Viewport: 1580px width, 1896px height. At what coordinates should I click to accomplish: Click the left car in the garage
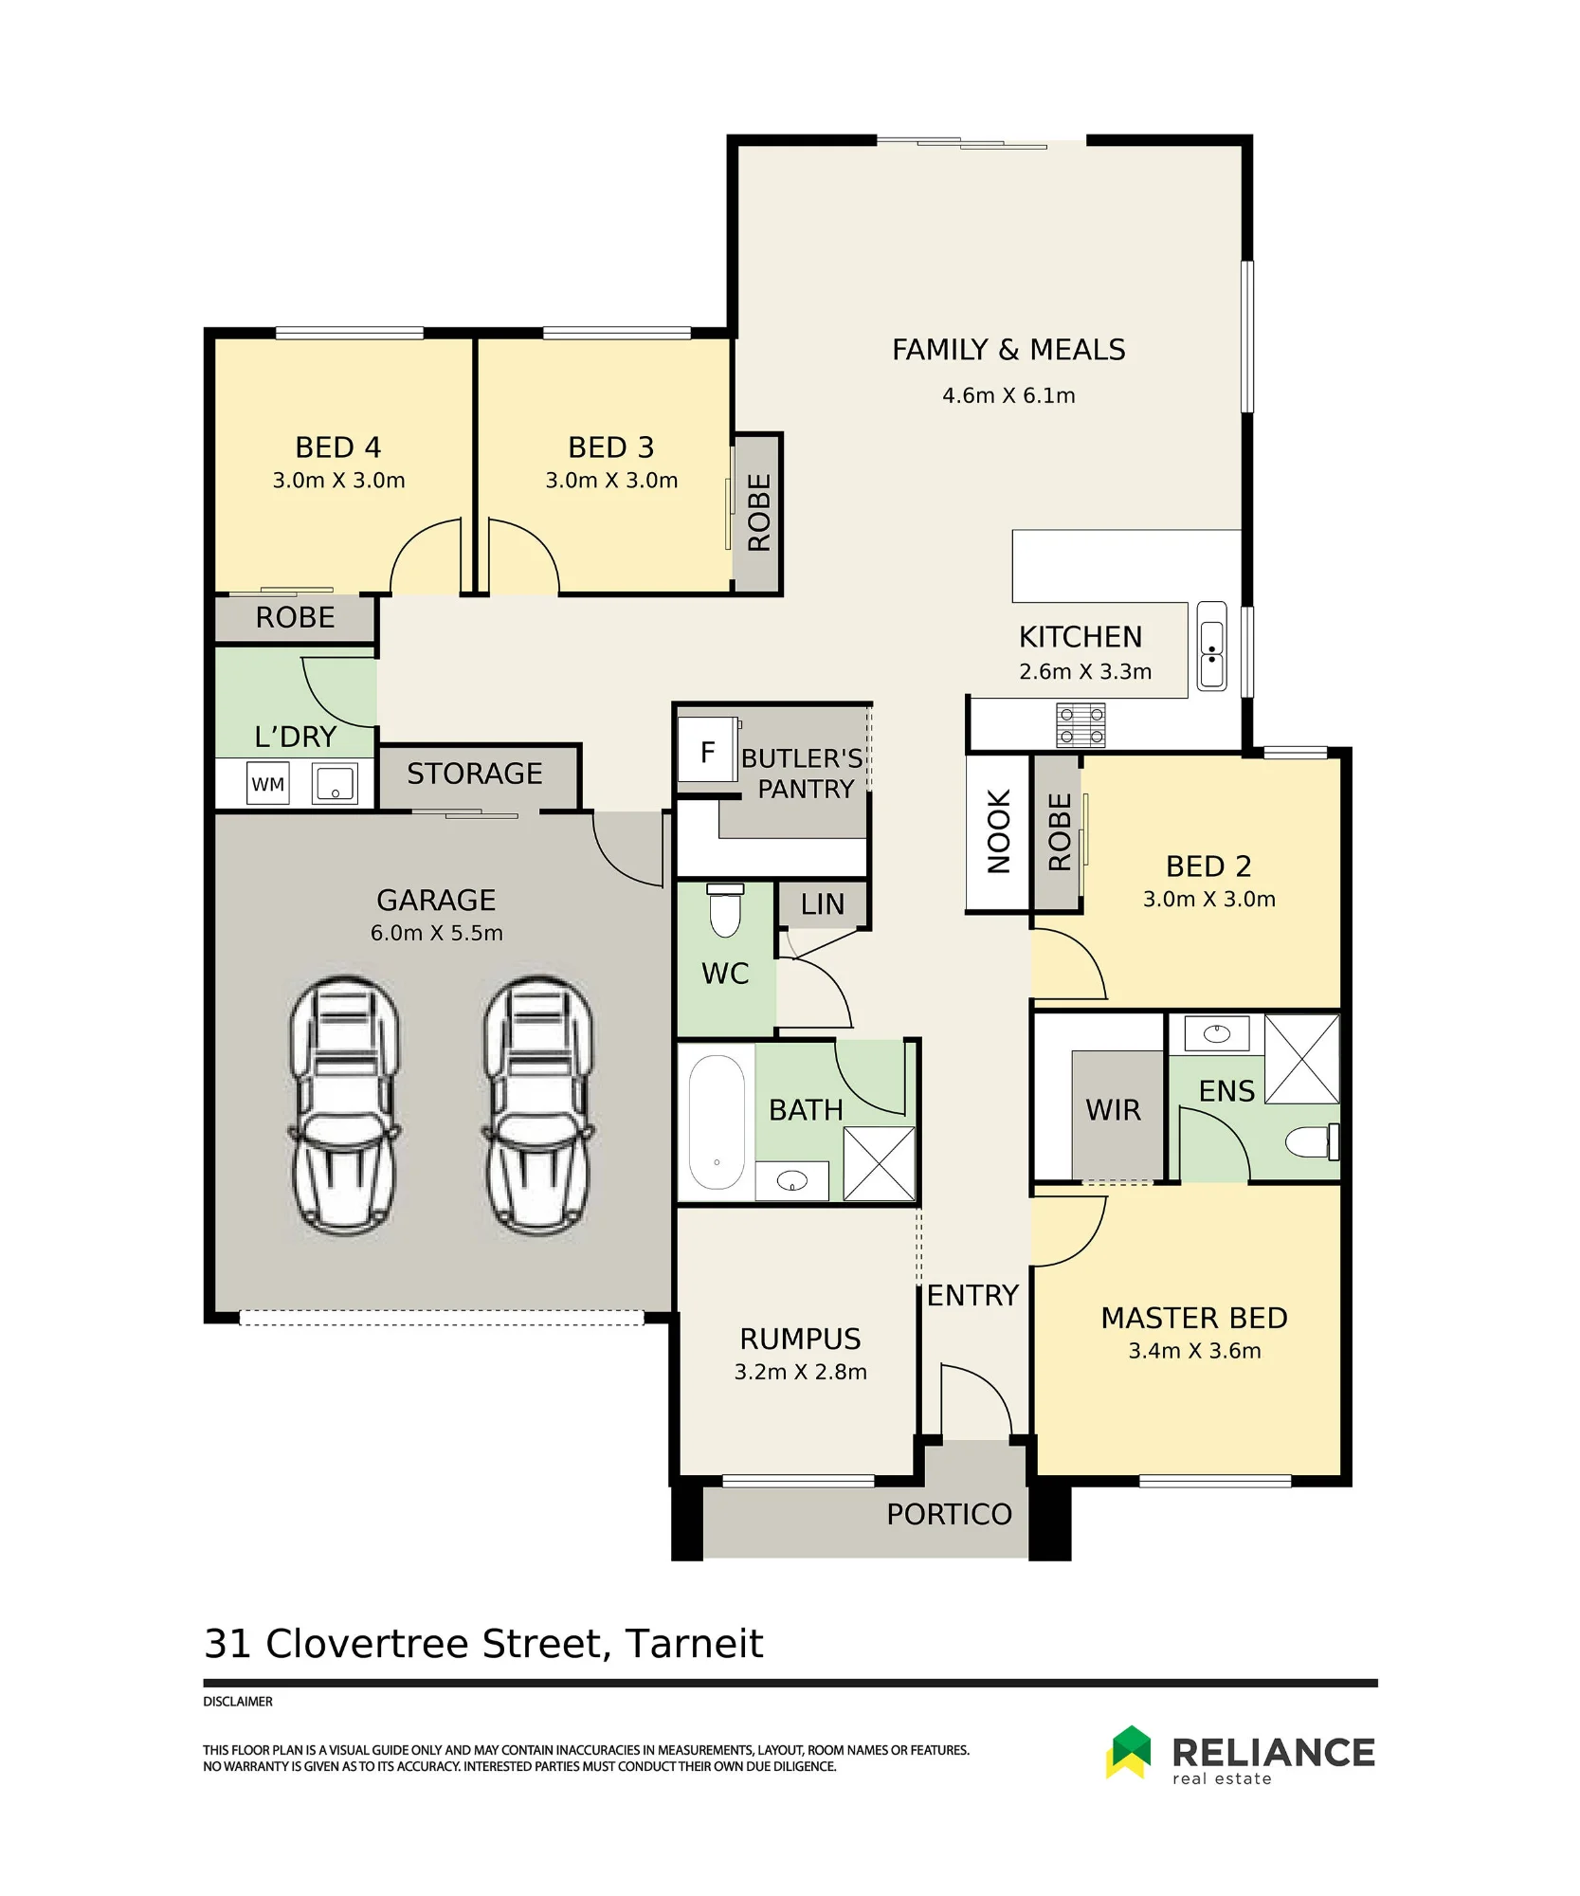click(344, 1106)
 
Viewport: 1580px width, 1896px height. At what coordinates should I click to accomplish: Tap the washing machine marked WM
click(268, 784)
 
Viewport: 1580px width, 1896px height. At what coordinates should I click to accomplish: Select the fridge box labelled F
click(707, 751)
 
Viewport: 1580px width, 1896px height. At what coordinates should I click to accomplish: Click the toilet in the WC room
click(725, 911)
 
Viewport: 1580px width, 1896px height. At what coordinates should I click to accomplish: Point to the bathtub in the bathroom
click(717, 1122)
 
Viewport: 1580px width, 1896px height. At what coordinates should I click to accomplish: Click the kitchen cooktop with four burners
click(1081, 726)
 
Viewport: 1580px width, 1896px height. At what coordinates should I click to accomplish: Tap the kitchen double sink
click(1212, 646)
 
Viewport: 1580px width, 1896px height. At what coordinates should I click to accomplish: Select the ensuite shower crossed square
click(1301, 1059)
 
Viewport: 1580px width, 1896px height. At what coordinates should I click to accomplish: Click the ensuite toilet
click(1313, 1141)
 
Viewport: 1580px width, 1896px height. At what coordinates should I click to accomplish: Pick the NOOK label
click(999, 831)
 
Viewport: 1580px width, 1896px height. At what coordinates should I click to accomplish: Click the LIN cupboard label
click(822, 904)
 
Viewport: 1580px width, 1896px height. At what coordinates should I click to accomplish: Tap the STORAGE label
click(475, 774)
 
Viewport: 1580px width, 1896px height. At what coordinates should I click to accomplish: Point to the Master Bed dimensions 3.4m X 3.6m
click(1194, 1351)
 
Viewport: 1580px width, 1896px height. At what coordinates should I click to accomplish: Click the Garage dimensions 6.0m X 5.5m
click(436, 933)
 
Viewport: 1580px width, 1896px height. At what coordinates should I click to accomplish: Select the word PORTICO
click(949, 1515)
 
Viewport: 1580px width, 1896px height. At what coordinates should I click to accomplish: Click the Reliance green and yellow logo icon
click(1128, 1752)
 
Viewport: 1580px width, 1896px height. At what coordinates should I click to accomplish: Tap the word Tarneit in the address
click(694, 1644)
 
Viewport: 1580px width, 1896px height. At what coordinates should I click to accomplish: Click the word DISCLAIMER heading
click(238, 1702)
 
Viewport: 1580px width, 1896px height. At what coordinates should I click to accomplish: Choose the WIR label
click(1113, 1110)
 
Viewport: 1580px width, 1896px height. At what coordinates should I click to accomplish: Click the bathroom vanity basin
click(791, 1181)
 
